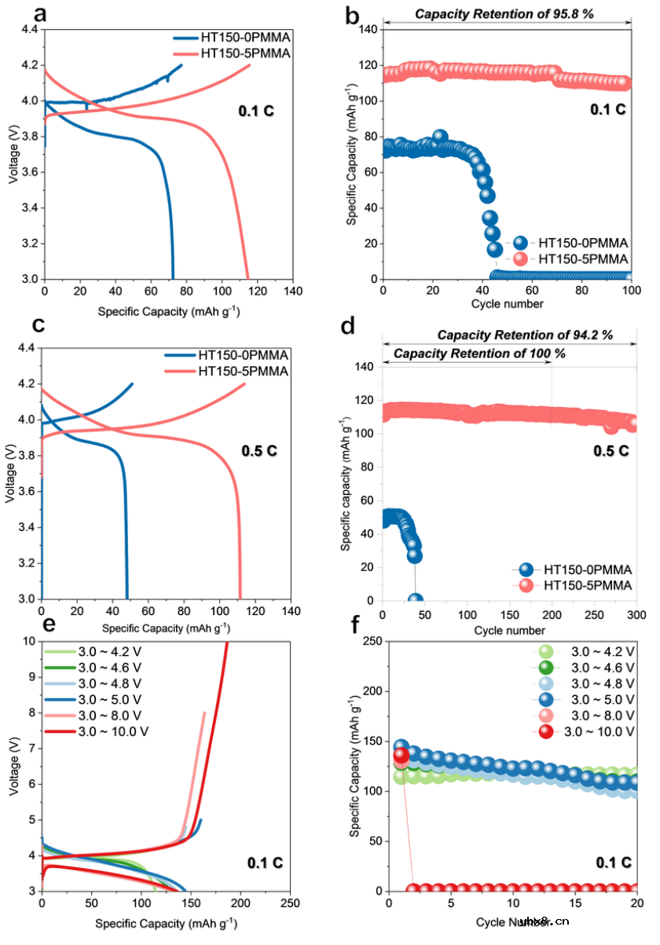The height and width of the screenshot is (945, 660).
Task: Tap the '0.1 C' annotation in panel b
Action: point(608,109)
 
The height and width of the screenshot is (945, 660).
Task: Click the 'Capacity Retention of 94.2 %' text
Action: point(525,335)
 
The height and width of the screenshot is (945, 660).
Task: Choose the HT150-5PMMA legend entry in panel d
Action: point(578,587)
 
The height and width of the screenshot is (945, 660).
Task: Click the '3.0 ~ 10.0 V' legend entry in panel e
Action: point(114,731)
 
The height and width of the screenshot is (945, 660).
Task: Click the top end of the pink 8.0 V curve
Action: point(205,712)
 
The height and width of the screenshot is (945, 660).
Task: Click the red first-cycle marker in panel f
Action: point(401,756)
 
